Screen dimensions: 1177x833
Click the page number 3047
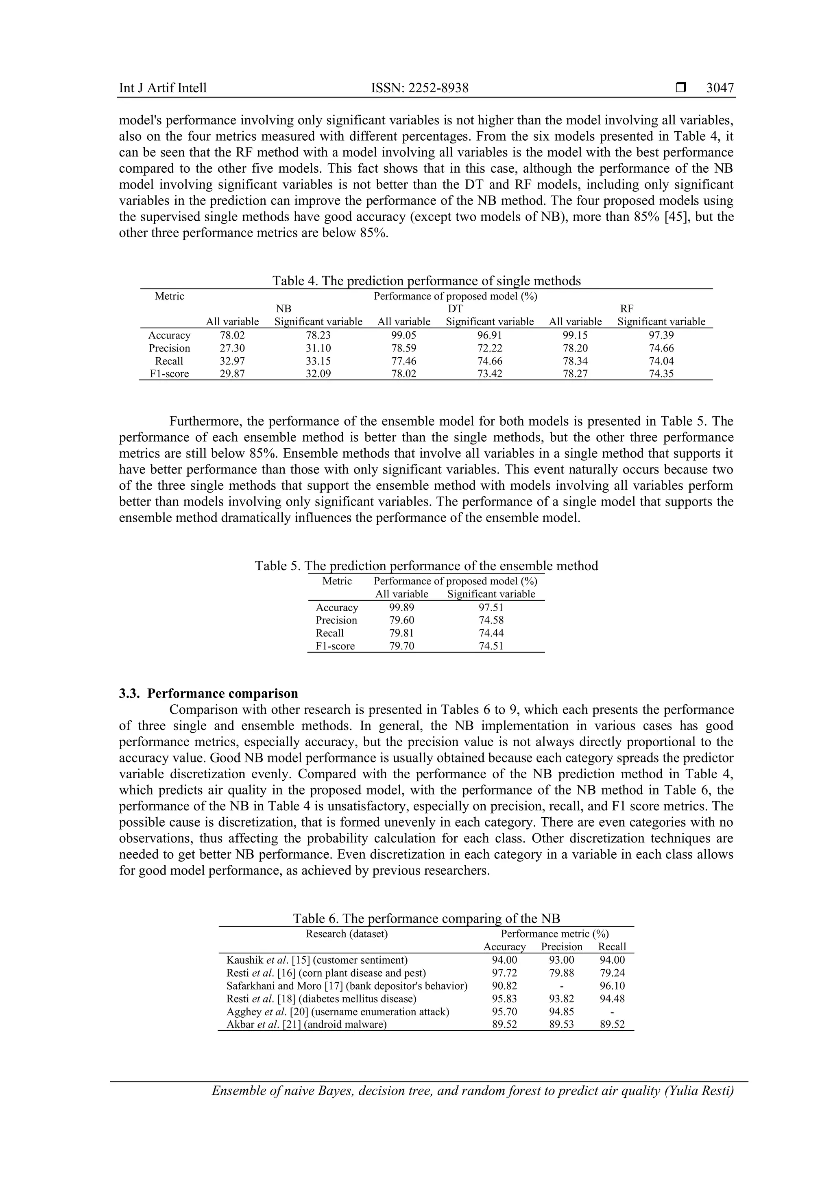[720, 88]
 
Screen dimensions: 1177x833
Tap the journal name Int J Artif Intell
[163, 88]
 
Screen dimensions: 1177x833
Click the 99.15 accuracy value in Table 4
[575, 335]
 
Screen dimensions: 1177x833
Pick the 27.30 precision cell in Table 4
[232, 348]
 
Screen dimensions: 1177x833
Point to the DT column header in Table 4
[455, 308]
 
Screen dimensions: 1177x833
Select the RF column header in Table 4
[626, 308]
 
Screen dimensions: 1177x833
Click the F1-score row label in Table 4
[169, 374]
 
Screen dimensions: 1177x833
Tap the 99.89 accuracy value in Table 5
[401, 608]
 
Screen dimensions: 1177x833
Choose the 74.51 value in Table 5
[491, 646]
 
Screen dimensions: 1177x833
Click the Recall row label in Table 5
[330, 633]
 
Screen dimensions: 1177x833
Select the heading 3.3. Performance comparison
[208, 694]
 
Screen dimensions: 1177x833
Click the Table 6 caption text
[426, 918]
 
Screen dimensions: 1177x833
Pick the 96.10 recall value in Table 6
[612, 986]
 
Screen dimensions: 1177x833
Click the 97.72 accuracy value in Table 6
[504, 973]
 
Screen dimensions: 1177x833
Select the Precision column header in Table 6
[562, 947]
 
